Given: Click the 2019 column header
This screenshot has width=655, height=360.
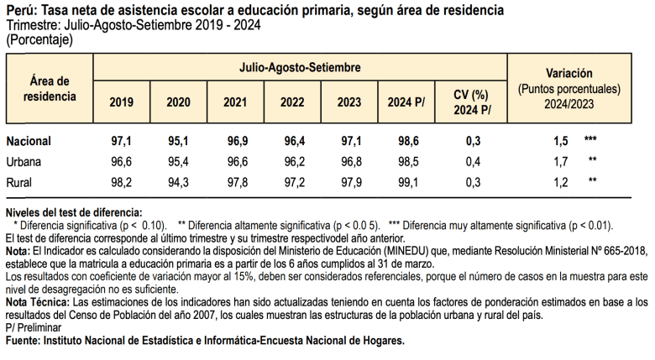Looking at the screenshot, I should click(x=121, y=103).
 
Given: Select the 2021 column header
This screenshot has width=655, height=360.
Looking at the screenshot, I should click(x=235, y=103).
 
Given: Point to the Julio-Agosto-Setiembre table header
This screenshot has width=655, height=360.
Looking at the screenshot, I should click(x=300, y=65).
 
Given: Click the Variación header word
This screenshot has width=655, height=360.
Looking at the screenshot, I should click(x=569, y=73).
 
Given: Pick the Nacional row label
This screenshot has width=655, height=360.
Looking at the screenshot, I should click(x=29, y=140).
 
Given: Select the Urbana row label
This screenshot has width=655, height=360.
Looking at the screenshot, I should click(x=24, y=161).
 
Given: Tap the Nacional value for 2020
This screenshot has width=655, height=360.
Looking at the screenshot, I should click(x=178, y=140).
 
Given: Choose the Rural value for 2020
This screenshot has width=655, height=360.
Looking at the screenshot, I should click(x=178, y=182).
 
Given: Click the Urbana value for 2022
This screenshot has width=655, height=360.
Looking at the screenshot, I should click(x=292, y=161).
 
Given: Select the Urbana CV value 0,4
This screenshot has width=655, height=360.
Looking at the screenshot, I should click(x=472, y=161).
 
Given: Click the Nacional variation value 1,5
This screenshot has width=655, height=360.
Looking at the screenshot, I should click(x=561, y=140).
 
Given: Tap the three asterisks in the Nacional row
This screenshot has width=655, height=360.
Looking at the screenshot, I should click(x=590, y=139).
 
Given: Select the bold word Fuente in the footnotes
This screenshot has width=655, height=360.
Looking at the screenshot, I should click(x=23, y=341).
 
